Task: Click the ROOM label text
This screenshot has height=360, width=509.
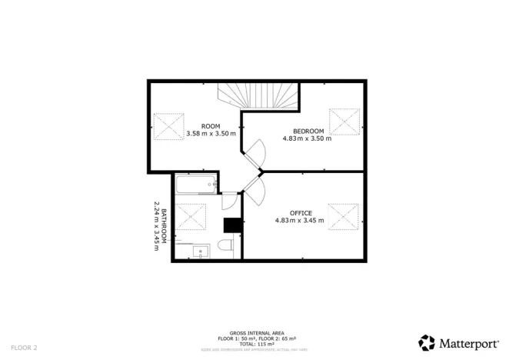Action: (211, 125)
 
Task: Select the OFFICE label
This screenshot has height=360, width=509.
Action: (300, 212)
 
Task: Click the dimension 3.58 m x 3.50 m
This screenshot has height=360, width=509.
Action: (211, 133)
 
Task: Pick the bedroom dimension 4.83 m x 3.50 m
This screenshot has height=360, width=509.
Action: (307, 138)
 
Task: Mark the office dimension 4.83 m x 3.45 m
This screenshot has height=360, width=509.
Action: (300, 220)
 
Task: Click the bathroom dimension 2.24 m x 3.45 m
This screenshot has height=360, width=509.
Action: (156, 223)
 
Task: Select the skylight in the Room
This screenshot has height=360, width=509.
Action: (169, 127)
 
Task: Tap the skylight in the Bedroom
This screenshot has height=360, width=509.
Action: (344, 122)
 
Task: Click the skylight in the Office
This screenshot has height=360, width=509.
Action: (344, 216)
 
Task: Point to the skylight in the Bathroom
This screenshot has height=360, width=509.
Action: (191, 216)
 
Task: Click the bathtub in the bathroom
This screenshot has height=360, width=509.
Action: (195, 185)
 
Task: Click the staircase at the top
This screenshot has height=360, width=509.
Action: (255, 96)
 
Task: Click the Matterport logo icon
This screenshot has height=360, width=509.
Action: (427, 342)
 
